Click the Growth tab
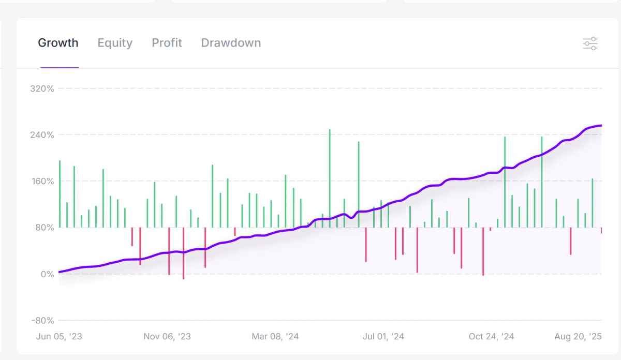click(x=58, y=43)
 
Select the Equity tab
click(x=115, y=43)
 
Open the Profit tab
click(x=167, y=43)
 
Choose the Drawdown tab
click(x=231, y=43)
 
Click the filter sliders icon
click(x=590, y=43)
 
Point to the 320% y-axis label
click(x=42, y=88)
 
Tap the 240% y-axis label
click(x=42, y=135)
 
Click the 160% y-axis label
click(x=42, y=182)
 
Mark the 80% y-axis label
click(x=44, y=228)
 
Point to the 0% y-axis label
click(x=47, y=274)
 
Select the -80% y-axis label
click(x=42, y=321)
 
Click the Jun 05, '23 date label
click(x=59, y=337)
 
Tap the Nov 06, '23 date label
click(x=167, y=337)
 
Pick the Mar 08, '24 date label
click(x=275, y=337)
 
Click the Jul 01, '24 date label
click(x=383, y=337)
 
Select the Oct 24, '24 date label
click(x=492, y=337)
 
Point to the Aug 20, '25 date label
click(x=578, y=337)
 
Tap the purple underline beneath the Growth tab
click(x=60, y=68)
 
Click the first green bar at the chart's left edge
click(x=60, y=194)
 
